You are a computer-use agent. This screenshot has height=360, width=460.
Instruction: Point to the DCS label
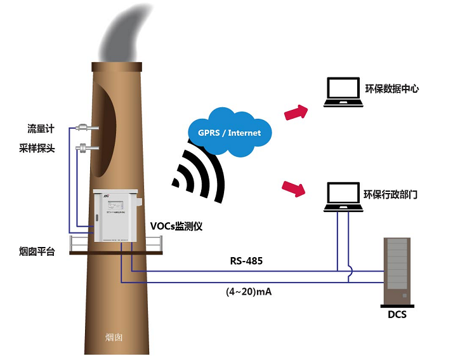tap(397, 315)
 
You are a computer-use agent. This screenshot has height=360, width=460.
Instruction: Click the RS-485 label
tap(246, 261)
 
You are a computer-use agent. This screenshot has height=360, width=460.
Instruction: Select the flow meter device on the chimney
tap(83, 128)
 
